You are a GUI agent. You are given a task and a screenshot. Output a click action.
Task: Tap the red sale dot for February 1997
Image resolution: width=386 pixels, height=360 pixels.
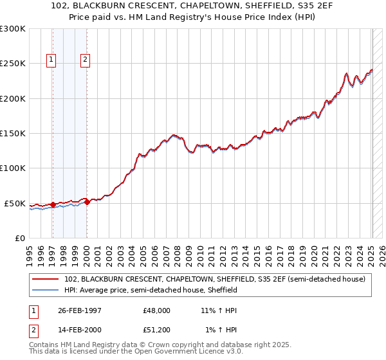53,204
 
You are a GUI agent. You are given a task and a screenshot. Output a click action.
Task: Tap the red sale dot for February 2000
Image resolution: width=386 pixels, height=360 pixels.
87,203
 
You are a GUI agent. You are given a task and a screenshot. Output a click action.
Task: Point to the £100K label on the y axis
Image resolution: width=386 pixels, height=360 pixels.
13,168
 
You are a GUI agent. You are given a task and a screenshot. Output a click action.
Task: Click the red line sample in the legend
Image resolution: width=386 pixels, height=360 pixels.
46,279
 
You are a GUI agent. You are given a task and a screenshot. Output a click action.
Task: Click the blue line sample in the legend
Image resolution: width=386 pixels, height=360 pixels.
46,290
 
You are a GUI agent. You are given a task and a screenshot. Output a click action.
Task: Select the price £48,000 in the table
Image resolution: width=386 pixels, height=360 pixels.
157,310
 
